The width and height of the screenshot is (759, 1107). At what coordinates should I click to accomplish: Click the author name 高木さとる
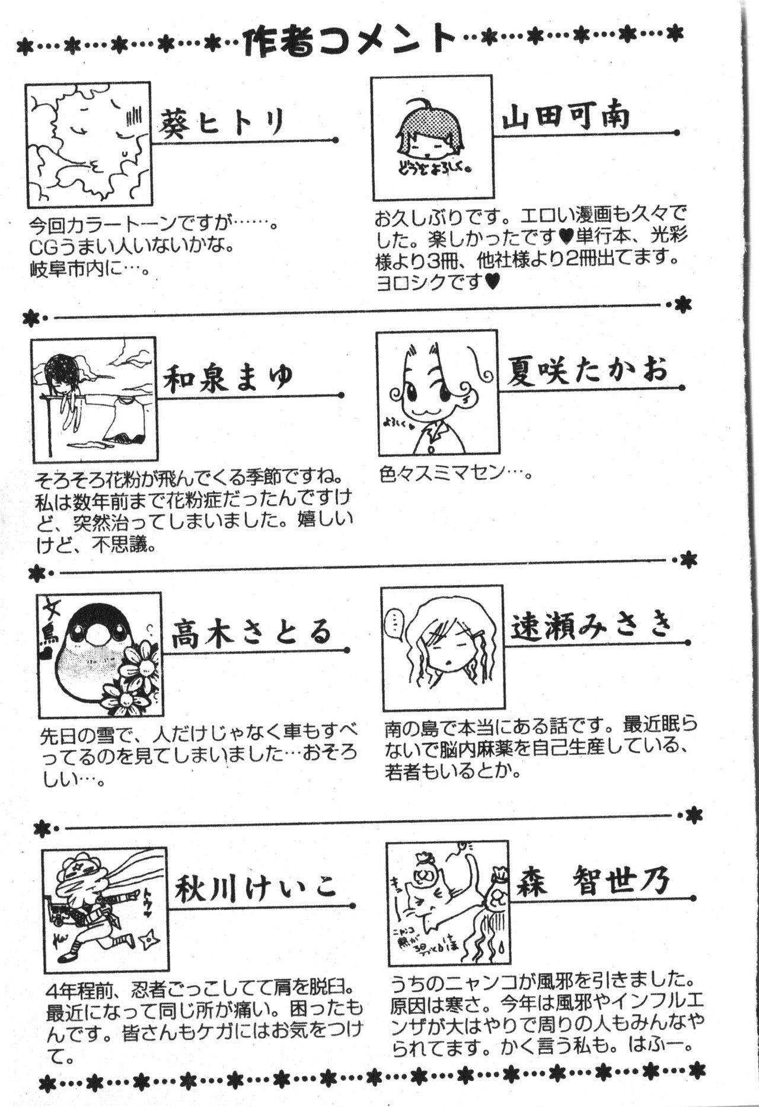pyautogui.click(x=251, y=632)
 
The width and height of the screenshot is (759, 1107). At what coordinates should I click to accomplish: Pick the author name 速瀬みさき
pyautogui.click(x=592, y=626)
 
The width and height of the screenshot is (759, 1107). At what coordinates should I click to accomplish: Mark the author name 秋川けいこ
pyautogui.click(x=257, y=886)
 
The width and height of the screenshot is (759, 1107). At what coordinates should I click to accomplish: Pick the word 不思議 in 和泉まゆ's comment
pyautogui.click(x=119, y=544)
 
